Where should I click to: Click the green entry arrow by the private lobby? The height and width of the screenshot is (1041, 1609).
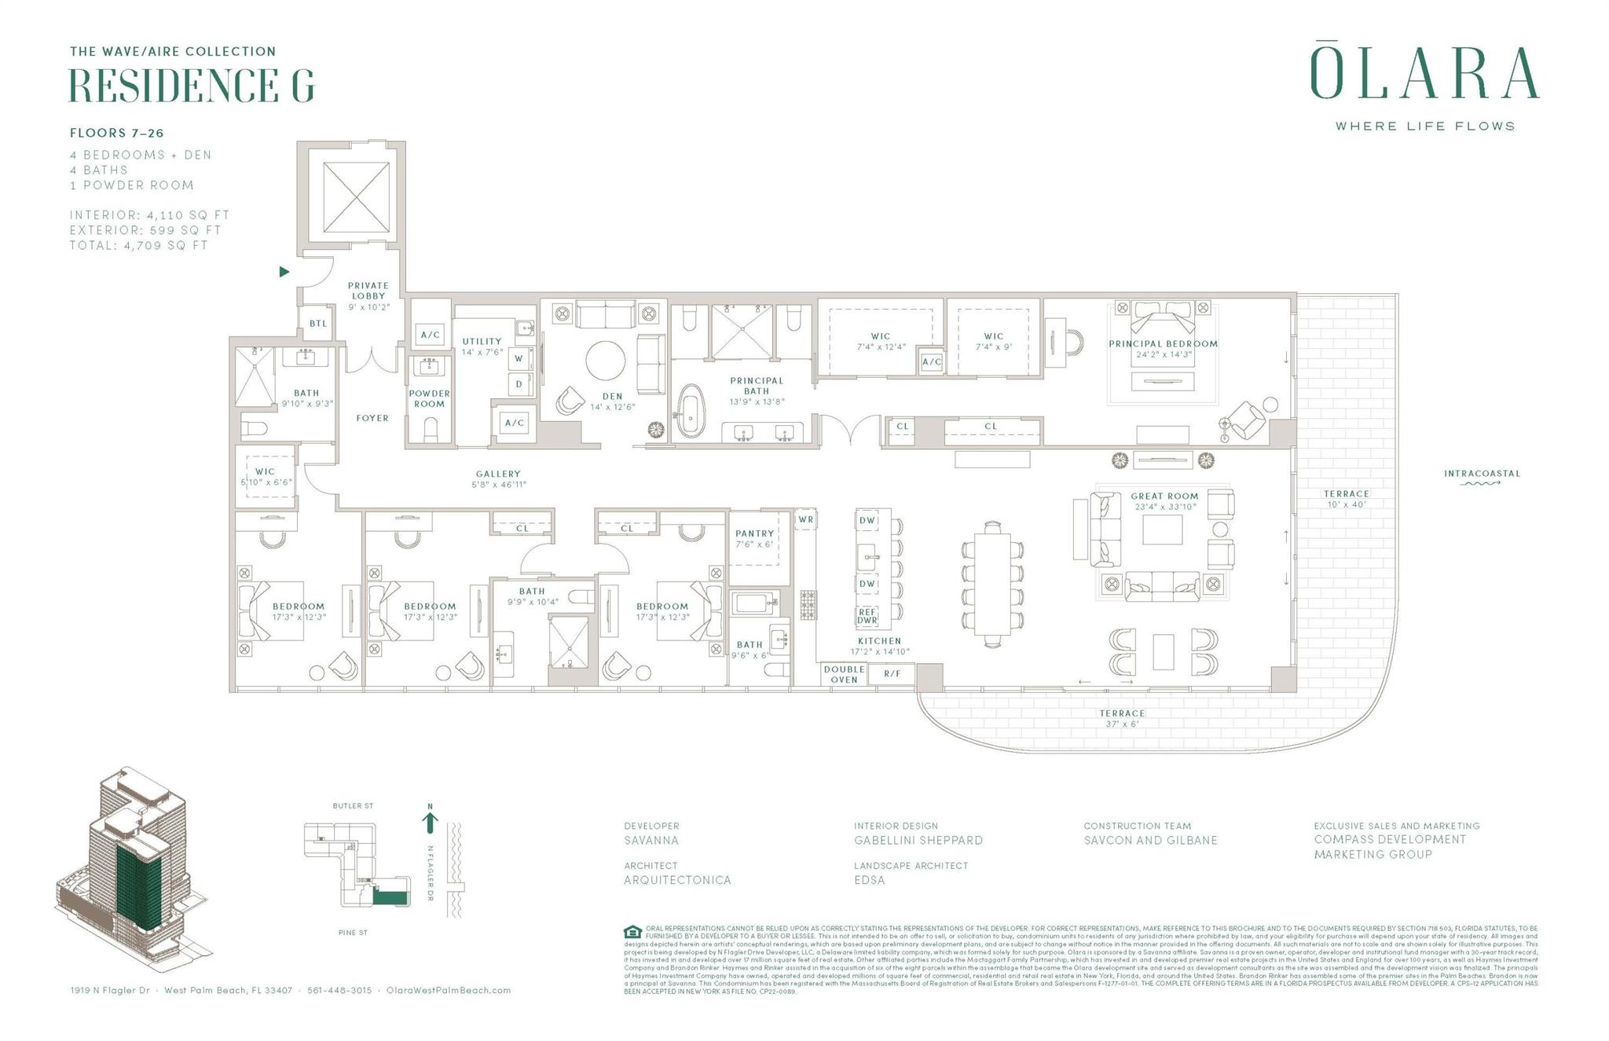tap(284, 272)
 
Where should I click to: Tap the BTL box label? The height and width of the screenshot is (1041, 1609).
tap(317, 324)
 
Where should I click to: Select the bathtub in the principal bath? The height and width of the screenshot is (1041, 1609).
tap(691, 409)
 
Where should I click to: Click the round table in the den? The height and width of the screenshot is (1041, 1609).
tap(606, 361)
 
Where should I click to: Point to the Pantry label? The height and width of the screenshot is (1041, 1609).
tap(754, 533)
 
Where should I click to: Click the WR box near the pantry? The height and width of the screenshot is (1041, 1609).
tap(805, 519)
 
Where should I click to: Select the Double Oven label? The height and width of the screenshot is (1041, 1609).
tap(844, 674)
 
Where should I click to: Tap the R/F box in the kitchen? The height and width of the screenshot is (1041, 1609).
tap(892, 674)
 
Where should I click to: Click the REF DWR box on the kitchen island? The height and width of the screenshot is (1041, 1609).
tap(867, 616)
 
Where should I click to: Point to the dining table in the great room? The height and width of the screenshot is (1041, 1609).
tap(992, 584)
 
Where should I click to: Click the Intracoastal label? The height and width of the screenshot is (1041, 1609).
tap(1482, 474)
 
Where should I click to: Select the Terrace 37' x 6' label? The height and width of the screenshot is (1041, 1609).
tap(1122, 718)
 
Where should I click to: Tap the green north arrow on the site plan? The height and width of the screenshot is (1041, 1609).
tap(430, 822)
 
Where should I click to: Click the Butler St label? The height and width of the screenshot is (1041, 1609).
tap(353, 806)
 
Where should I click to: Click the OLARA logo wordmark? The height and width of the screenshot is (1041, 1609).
tap(1424, 74)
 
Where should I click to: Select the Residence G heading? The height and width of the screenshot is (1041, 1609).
tap(192, 86)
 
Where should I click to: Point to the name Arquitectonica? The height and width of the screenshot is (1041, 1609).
tap(677, 880)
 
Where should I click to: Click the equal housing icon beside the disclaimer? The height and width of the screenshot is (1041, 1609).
tap(632, 933)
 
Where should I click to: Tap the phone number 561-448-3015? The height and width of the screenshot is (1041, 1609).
tap(339, 991)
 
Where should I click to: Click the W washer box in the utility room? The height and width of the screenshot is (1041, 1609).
tap(519, 359)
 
